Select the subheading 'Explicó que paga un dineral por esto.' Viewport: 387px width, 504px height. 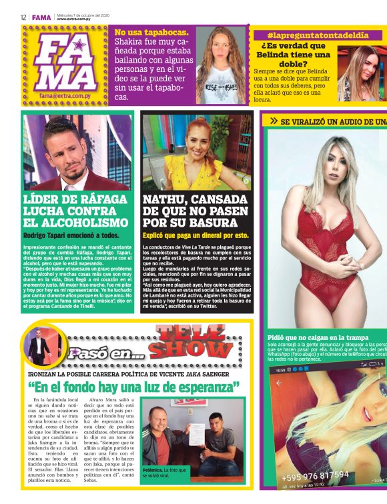196,235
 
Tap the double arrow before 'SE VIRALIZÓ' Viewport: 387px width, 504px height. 274,121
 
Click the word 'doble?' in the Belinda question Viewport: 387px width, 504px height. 294,63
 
